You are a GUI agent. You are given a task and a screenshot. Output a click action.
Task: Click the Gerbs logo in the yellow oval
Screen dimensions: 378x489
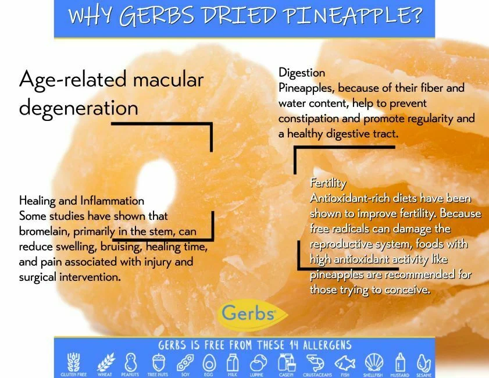253,315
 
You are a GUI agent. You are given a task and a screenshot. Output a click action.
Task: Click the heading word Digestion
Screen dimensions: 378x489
301,73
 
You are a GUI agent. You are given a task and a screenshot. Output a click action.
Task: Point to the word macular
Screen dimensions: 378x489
168,79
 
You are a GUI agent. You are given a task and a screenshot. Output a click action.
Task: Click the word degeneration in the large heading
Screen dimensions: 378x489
78,108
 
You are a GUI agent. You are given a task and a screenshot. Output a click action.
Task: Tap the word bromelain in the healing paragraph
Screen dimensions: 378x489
44,231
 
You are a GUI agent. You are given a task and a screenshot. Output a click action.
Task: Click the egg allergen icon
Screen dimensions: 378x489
209,363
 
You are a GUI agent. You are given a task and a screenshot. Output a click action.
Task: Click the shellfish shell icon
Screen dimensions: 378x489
373,362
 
